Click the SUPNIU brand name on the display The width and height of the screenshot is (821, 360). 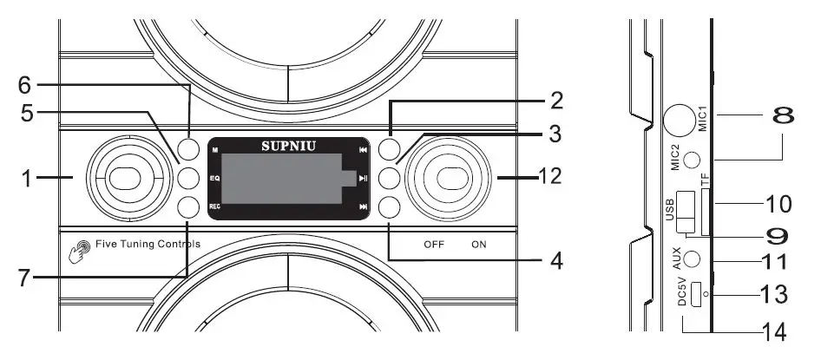(286, 146)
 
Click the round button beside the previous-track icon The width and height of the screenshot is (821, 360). (389, 148)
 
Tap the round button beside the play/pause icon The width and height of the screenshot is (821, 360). (389, 178)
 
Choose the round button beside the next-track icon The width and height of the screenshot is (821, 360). (389, 206)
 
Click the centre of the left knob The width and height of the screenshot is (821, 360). (126, 178)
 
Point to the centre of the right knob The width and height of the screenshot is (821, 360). (450, 178)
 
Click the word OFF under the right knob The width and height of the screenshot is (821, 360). (434, 245)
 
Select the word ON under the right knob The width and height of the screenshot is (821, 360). (479, 245)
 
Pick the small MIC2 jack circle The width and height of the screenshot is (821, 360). (691, 160)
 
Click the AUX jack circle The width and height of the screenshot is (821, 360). (691, 259)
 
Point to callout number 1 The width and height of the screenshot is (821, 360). (29, 178)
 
